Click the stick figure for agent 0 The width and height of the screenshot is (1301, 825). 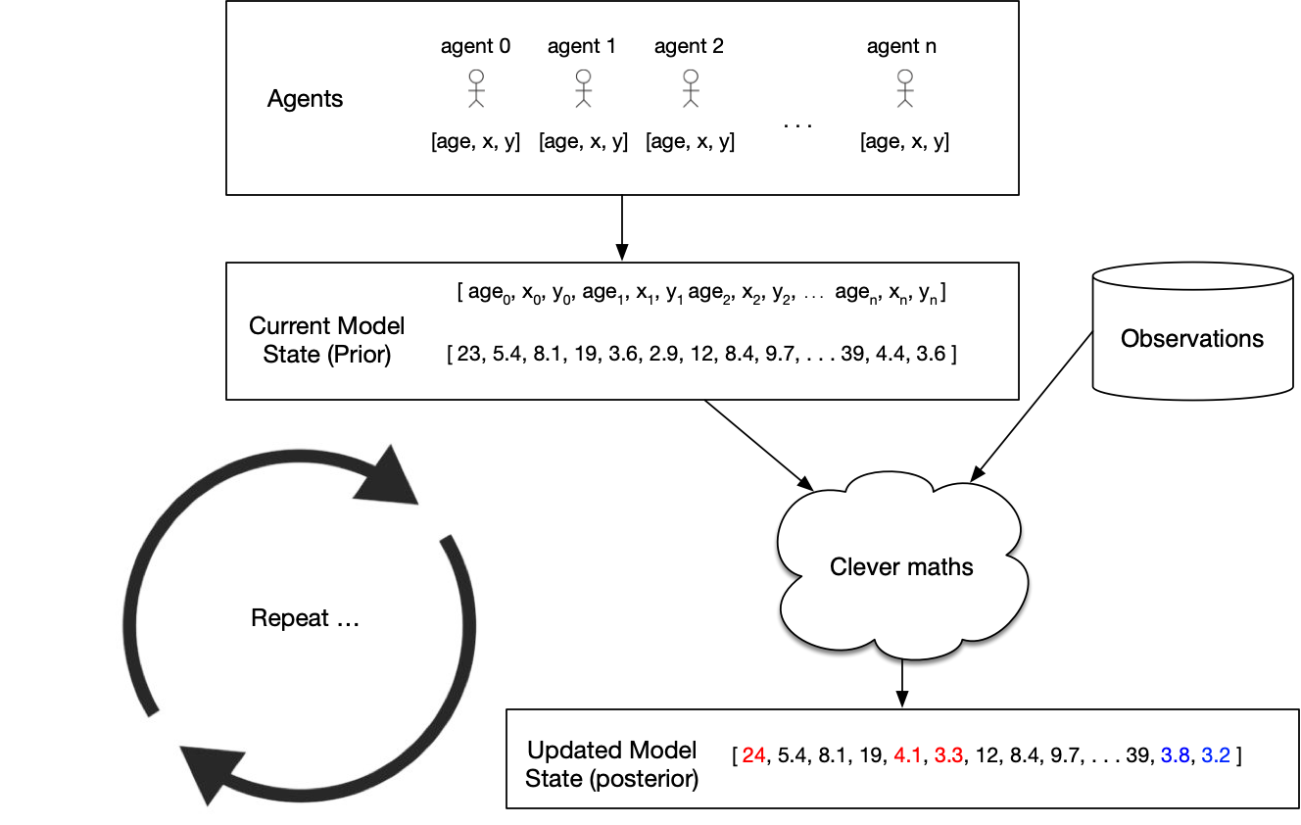(476, 88)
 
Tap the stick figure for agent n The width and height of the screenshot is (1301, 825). (904, 88)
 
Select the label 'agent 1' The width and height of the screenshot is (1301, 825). (582, 46)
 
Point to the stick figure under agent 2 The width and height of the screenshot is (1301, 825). (690, 88)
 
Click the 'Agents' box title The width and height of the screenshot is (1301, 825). (305, 99)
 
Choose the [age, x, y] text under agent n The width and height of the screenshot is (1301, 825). (904, 141)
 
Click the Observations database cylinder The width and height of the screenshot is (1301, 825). (1192, 330)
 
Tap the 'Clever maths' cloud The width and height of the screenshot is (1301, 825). (901, 566)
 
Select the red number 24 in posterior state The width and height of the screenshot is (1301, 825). (753, 755)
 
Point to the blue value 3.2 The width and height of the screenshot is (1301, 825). (1217, 755)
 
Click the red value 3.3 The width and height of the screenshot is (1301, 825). (947, 755)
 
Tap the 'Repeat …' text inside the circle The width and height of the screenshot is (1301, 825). (305, 618)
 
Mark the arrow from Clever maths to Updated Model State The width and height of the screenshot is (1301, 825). (902, 682)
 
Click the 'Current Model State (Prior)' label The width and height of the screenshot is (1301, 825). (327, 340)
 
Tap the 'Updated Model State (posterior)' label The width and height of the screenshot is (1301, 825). (611, 764)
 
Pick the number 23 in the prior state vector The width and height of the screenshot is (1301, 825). (470, 354)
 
